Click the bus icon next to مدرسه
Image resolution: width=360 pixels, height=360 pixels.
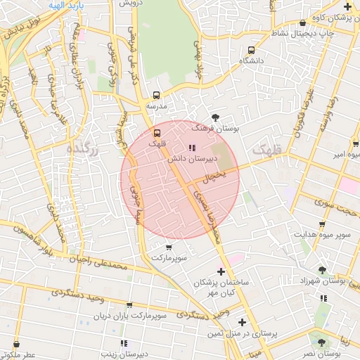pyautogui.click(x=156, y=95)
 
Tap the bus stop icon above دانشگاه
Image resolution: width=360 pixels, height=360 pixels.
pyautogui.click(x=251, y=50)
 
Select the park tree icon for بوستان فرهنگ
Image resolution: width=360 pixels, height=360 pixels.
pyautogui.click(x=215, y=117)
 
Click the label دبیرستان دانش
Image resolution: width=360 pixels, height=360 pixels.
pyautogui.click(x=190, y=160)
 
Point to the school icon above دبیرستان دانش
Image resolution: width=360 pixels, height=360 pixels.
pyautogui.click(x=192, y=148)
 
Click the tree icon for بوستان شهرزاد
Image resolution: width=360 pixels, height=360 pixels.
pyautogui.click(x=322, y=269)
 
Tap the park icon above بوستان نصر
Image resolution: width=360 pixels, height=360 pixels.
pyautogui.click(x=321, y=342)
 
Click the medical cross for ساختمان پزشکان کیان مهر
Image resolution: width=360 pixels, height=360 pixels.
pyautogui.click(x=221, y=271)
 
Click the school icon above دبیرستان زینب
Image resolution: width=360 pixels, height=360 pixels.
pyautogui.click(x=124, y=343)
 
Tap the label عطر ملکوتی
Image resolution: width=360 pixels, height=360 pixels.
pyautogui.click(x=18, y=356)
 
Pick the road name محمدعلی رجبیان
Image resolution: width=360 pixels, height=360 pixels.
pyautogui.click(x=98, y=262)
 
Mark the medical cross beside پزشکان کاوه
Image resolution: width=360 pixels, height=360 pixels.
pyautogui.click(x=347, y=6)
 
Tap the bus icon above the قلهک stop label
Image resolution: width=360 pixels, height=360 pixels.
pyautogui.click(x=157, y=131)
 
